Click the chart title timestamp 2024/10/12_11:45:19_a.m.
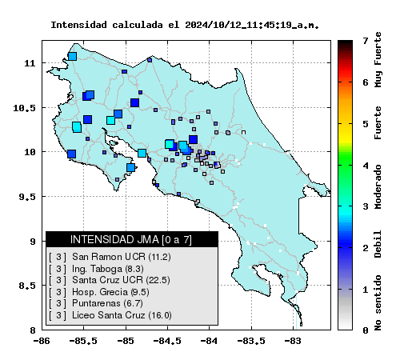(x=252, y=26)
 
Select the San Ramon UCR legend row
(x=110, y=257)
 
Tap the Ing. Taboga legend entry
(x=96, y=269)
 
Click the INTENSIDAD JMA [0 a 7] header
(x=131, y=239)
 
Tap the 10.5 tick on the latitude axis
(x=24, y=108)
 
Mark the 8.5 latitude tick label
(x=27, y=286)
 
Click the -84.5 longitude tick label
(x=168, y=341)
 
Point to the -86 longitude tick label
(x=42, y=341)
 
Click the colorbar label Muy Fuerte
(x=378, y=59)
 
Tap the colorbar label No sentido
(x=378, y=303)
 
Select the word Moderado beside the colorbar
(x=378, y=186)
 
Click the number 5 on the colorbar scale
(x=366, y=124)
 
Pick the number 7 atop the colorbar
(x=366, y=41)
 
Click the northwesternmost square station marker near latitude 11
(x=72, y=57)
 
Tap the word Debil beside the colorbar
(x=378, y=244)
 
